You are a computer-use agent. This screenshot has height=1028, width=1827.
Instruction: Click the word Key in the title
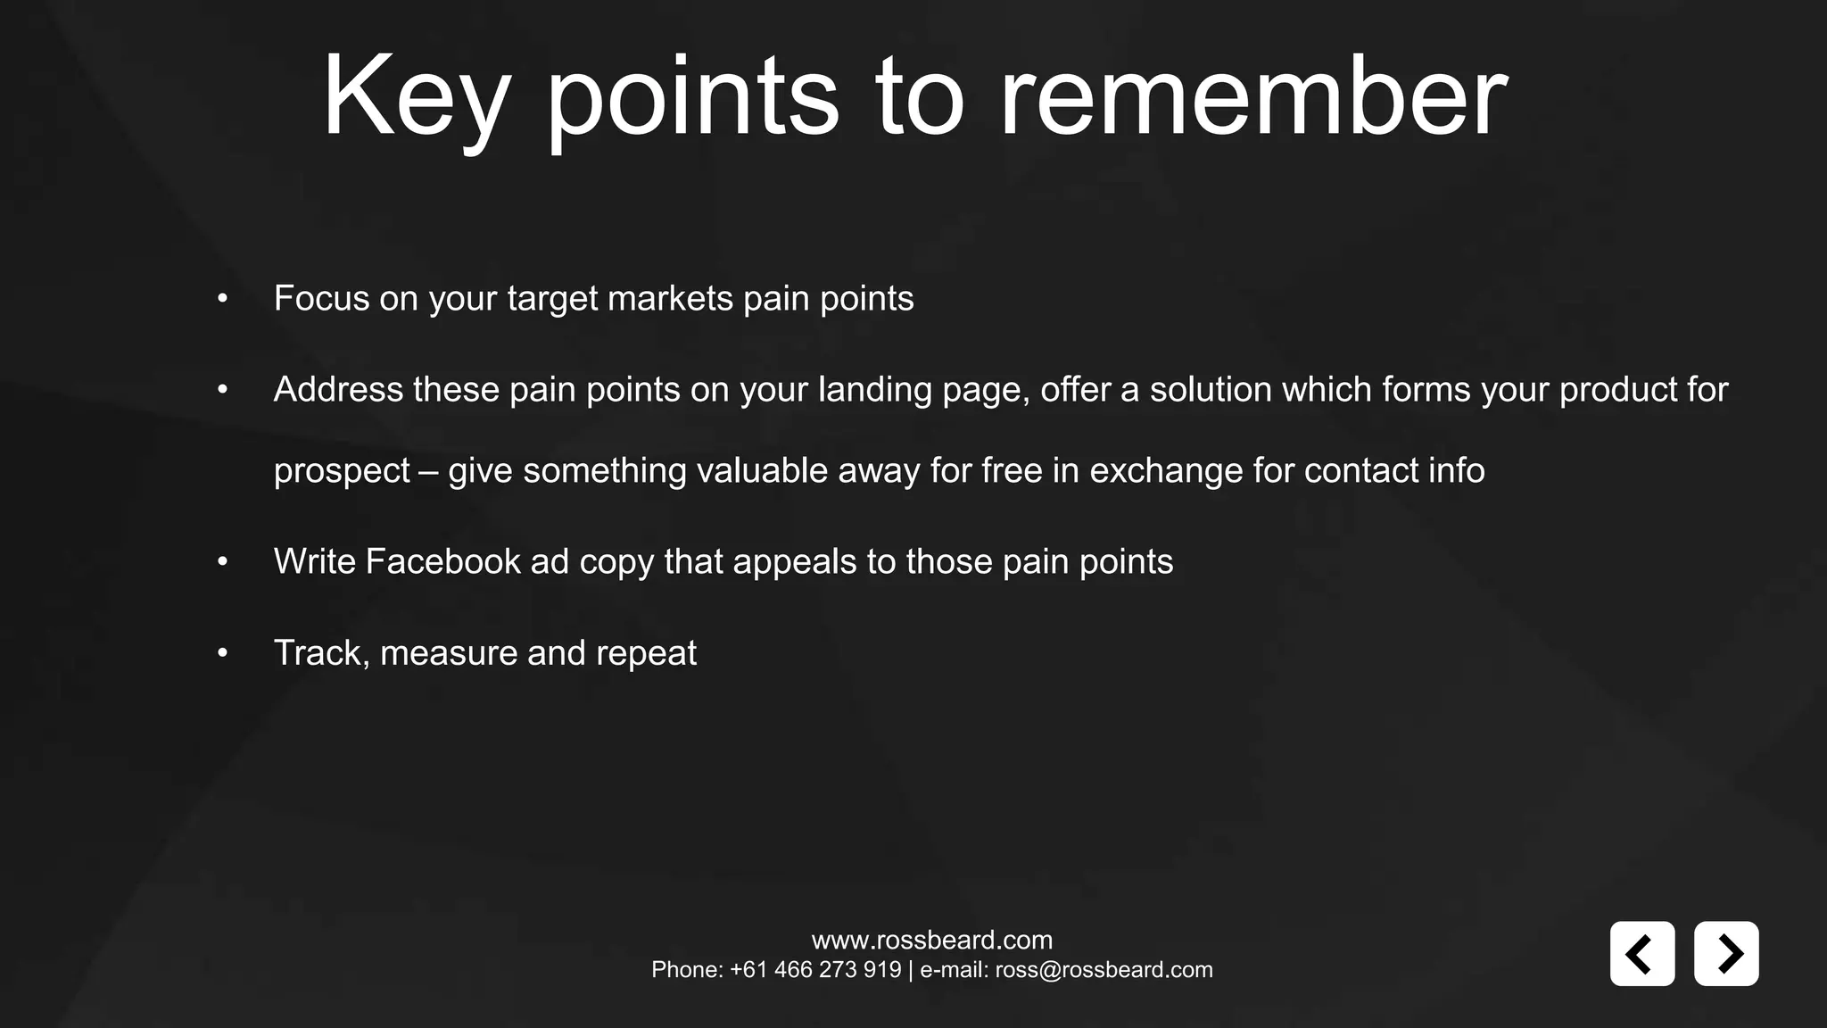pos(415,96)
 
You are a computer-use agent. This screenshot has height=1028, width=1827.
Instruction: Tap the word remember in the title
pos(1252,96)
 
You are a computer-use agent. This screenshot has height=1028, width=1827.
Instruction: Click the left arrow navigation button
pos(1641,953)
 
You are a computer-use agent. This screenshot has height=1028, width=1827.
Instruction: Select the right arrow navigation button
pos(1726,953)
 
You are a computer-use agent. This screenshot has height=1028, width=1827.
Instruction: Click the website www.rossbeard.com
pos(931,940)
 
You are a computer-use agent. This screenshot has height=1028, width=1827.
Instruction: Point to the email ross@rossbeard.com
pos(1104,970)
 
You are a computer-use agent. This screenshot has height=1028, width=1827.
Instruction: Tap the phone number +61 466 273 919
pos(815,970)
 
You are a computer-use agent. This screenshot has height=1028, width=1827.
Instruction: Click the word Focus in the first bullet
pos(321,298)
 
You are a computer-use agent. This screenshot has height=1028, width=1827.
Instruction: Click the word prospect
pos(341,471)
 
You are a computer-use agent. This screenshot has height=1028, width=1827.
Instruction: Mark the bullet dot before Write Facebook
pos(223,562)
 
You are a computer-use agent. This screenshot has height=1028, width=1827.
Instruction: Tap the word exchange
pos(1166,470)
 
